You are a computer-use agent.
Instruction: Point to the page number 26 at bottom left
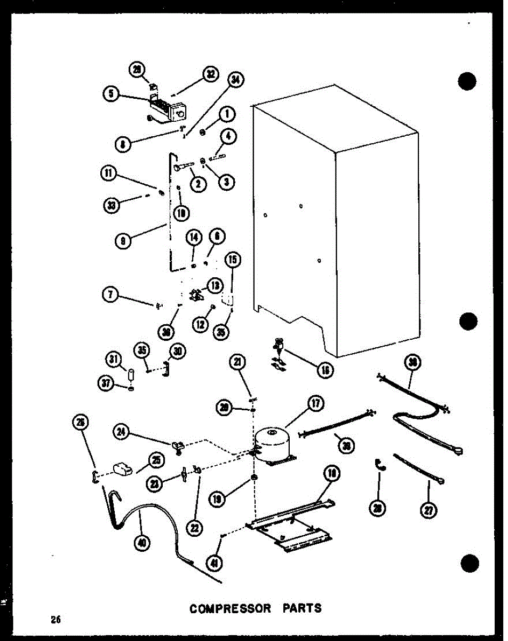(x=56, y=620)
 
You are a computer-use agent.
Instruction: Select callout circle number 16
(x=323, y=370)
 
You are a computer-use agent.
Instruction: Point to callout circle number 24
(x=122, y=431)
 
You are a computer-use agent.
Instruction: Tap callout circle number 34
(x=235, y=80)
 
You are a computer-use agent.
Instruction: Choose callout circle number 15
(x=233, y=261)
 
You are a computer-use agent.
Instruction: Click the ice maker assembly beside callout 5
(x=168, y=110)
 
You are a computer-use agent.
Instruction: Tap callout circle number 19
(x=233, y=499)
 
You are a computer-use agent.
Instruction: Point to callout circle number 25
(x=157, y=459)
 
